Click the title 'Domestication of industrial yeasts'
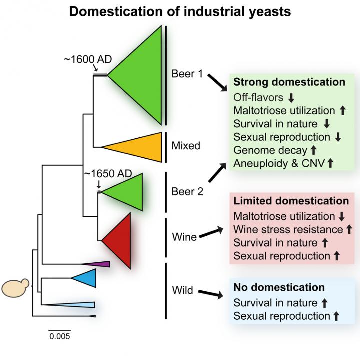[180, 11]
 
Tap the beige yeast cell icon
[15, 288]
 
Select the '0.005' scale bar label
[59, 336]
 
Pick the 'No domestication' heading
[279, 287]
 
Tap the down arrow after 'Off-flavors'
[291, 97]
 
